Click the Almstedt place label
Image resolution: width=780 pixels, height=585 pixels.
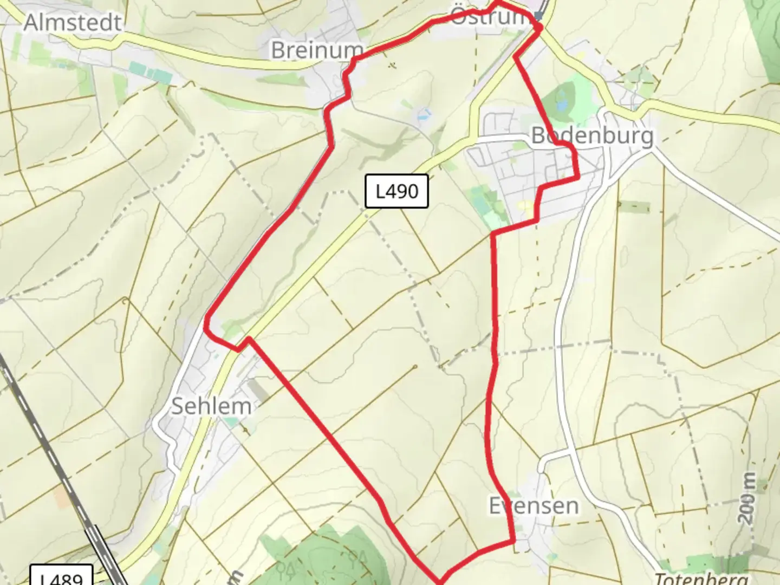click(x=73, y=23)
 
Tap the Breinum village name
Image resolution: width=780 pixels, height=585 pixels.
click(x=317, y=50)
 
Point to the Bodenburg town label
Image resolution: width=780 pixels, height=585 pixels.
click(x=592, y=135)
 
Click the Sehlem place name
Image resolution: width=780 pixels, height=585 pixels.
click(x=211, y=406)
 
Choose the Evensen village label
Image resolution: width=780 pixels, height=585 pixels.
click(x=534, y=506)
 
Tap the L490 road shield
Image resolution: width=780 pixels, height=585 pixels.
click(x=396, y=191)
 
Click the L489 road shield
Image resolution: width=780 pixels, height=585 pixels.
click(x=61, y=577)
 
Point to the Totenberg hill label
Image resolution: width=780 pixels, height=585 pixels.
click(x=701, y=578)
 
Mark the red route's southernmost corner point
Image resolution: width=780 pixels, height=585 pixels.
click(x=440, y=582)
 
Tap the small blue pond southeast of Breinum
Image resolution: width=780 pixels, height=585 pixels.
click(x=423, y=114)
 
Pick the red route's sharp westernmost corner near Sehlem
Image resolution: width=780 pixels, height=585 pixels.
click(x=206, y=327)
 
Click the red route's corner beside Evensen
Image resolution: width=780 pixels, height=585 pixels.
click(x=512, y=541)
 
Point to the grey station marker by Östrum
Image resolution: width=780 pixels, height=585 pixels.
click(x=538, y=16)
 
